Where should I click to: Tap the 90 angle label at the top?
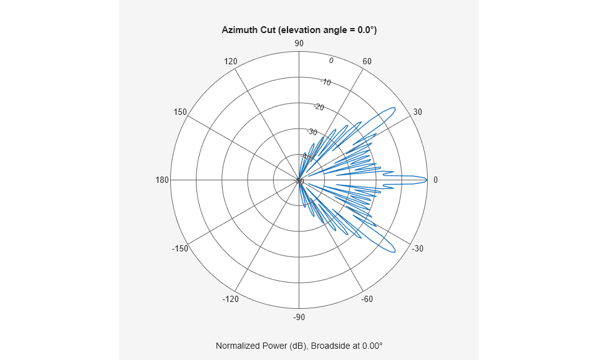pos(299,43)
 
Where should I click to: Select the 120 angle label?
pos(231,61)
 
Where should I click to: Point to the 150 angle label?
pos(180,112)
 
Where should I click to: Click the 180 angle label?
pos(162,180)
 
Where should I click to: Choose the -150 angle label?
pos(180,248)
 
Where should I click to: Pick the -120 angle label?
pos(230,299)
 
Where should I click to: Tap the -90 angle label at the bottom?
pos(299,317)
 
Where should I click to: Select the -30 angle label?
pos(417,248)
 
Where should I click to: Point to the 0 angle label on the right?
pos(435,180)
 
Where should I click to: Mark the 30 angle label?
pos(418,112)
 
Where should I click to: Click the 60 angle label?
pos(367,61)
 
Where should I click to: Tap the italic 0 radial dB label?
pos(331,61)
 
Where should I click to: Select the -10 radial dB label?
pos(326,82)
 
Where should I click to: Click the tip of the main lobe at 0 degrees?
pos(427,180)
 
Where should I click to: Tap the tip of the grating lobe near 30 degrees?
pos(394,110)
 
